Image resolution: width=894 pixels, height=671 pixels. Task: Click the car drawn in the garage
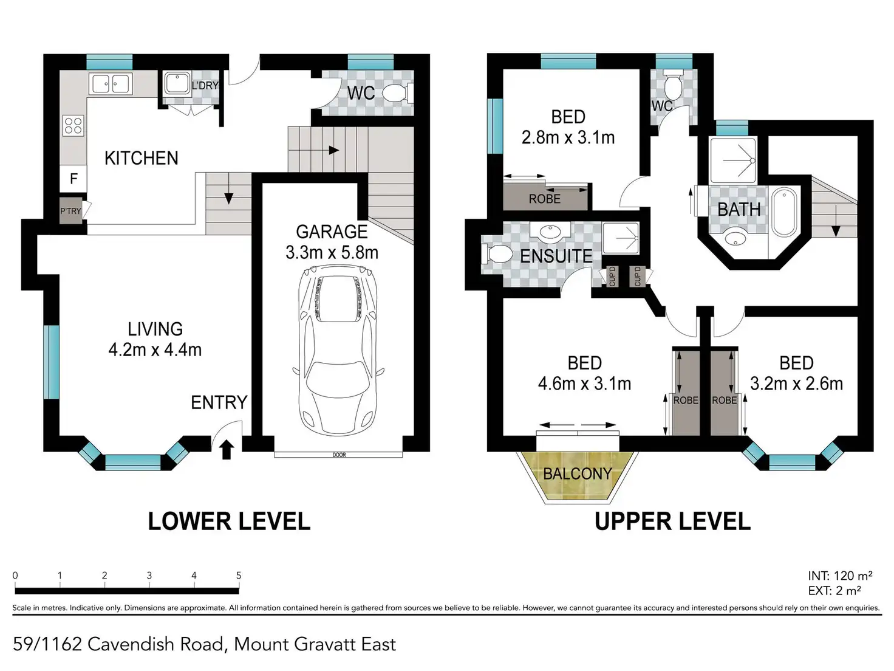338,350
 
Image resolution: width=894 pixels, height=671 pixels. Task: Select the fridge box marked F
73,179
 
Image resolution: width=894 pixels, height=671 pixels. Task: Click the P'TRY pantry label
70,211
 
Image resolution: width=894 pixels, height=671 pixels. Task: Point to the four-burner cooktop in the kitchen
73,125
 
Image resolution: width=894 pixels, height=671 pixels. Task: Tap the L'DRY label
205,86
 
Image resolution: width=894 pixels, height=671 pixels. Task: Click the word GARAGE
332,232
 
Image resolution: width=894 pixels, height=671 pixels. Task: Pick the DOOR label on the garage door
339,455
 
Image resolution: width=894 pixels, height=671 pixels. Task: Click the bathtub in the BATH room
785,212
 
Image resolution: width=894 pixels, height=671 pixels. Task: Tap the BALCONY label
578,473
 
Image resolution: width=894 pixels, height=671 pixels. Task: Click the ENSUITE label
556,256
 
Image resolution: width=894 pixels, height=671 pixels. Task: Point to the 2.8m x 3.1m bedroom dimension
568,138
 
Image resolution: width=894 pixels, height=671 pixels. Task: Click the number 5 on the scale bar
239,575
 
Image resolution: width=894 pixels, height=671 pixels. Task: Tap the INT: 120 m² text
840,576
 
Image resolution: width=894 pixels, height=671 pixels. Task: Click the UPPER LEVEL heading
672,521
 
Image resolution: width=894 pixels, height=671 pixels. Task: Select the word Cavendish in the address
131,644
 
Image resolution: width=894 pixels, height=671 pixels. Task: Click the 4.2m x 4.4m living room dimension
155,350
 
